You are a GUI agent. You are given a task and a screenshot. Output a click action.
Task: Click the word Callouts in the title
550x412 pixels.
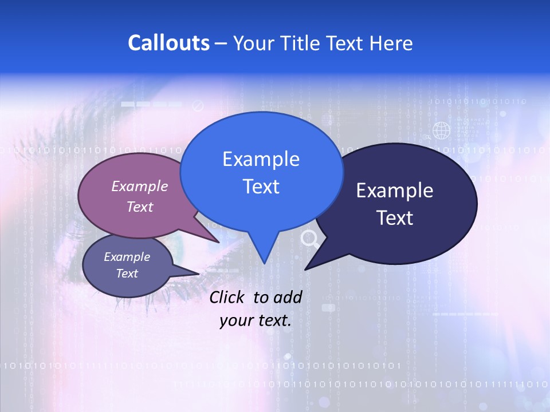[168, 43]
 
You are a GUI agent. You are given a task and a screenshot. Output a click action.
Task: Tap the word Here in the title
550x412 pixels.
[391, 43]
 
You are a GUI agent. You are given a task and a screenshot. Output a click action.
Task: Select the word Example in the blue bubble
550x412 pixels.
[261, 159]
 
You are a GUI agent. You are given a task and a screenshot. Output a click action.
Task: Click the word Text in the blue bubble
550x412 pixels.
[261, 186]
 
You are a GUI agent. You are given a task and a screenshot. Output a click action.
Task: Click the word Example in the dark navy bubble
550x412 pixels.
[395, 191]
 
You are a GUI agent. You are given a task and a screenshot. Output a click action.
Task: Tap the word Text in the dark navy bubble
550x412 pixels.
[395, 217]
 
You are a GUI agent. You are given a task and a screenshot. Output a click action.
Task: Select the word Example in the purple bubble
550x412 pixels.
[140, 186]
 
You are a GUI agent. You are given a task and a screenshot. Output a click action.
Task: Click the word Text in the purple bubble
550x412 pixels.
[140, 207]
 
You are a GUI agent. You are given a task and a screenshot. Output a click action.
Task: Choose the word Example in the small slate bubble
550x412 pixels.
[127, 257]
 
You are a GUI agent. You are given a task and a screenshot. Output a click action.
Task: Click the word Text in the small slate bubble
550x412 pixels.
[127, 274]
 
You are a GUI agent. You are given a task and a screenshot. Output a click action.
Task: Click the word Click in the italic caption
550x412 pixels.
[227, 297]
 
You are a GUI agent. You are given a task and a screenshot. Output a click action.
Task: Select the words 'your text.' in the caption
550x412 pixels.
[256, 320]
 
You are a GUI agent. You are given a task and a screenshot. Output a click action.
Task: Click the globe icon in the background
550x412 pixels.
[441, 131]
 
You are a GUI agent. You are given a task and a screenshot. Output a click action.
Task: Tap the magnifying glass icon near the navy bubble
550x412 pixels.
[310, 239]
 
